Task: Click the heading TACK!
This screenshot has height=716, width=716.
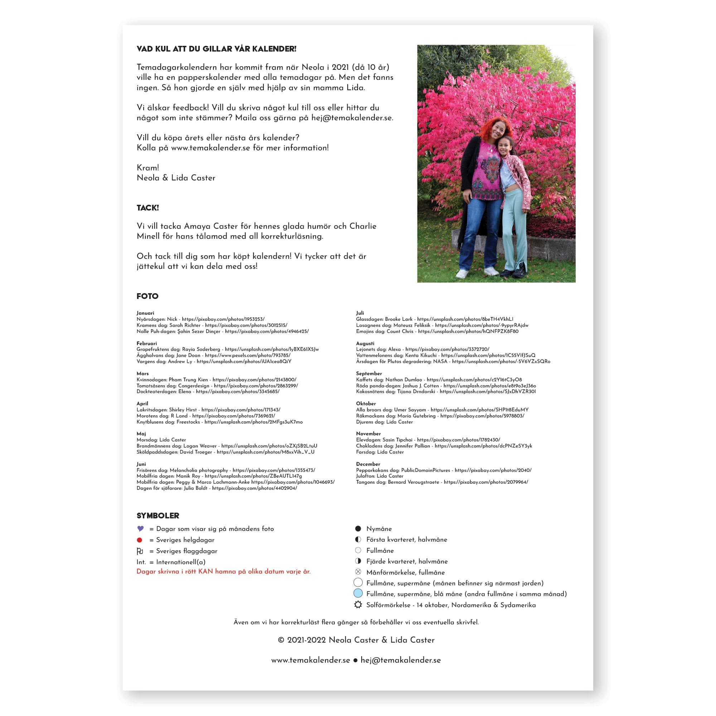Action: click(147, 208)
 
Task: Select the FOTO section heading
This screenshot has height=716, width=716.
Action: click(147, 296)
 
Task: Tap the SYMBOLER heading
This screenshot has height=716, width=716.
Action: click(158, 516)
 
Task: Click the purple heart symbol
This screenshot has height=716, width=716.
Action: click(140, 528)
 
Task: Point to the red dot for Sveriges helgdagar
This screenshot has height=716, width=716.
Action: click(139, 540)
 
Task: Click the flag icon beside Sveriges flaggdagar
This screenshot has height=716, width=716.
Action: click(140, 551)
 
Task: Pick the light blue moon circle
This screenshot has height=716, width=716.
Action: click(358, 593)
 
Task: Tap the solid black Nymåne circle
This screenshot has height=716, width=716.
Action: click(358, 528)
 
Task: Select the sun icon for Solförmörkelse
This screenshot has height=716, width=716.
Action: click(358, 605)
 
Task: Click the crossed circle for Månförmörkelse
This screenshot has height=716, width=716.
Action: click(358, 572)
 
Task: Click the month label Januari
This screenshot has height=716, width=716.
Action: click(145, 313)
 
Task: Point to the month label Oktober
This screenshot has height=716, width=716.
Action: click(366, 403)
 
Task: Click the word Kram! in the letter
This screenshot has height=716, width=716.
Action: click(147, 168)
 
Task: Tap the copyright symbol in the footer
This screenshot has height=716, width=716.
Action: click(281, 640)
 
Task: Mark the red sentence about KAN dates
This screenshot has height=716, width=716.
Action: click(223, 571)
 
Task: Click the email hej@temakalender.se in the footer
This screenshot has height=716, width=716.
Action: click(400, 660)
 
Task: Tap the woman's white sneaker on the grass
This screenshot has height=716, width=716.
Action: click(462, 274)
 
